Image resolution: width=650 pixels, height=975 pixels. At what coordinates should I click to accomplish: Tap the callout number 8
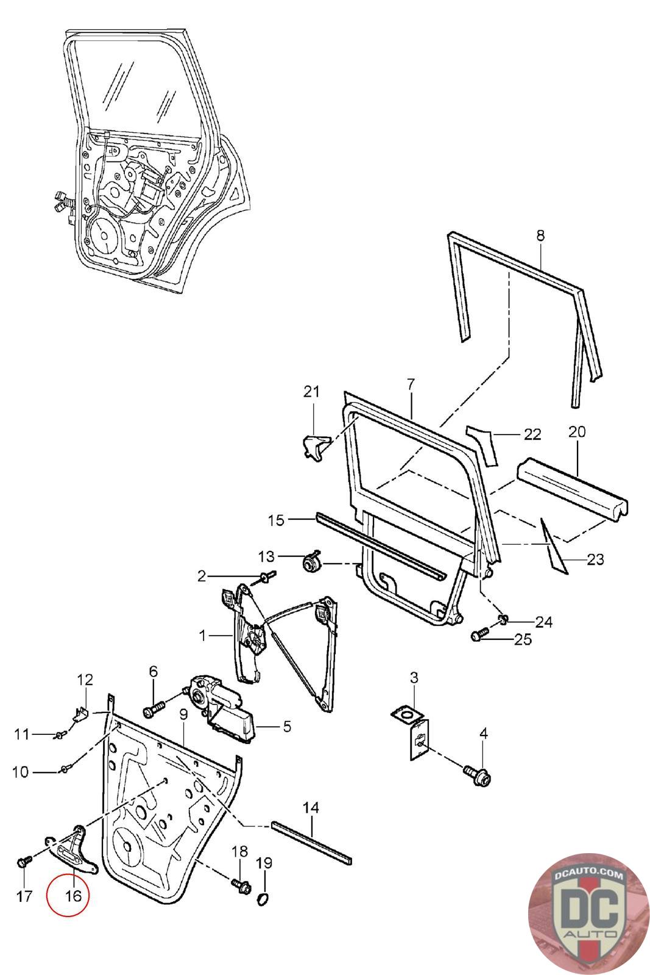click(x=540, y=235)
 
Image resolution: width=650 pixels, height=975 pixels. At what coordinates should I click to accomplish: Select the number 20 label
click(x=577, y=432)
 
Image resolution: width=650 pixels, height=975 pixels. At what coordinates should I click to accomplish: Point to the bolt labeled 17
click(x=24, y=862)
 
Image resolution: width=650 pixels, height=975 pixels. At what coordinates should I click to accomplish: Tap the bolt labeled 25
click(x=480, y=634)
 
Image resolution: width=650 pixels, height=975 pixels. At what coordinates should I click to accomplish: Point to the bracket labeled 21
click(x=316, y=447)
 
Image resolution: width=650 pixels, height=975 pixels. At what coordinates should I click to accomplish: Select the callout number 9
click(x=183, y=714)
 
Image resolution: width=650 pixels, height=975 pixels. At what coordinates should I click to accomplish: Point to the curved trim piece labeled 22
click(x=484, y=446)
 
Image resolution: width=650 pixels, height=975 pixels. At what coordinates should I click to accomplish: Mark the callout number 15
click(x=277, y=520)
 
